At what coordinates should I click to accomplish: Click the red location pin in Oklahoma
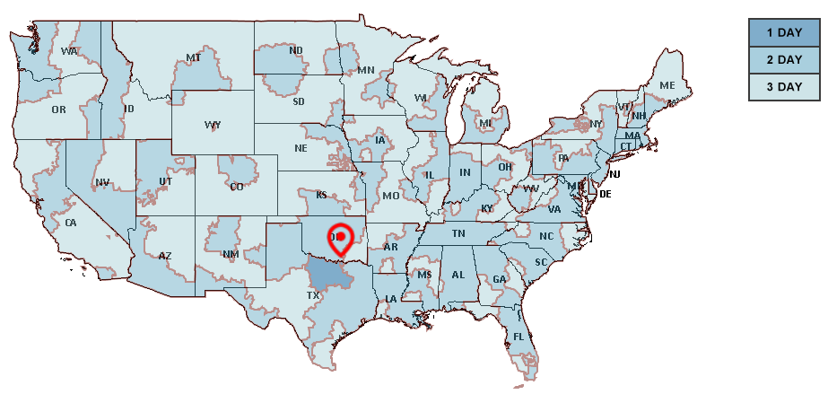coord(340,236)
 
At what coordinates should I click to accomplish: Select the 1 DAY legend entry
coord(783,33)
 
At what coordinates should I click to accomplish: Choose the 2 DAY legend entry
coord(783,60)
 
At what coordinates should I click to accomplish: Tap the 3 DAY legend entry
coord(783,87)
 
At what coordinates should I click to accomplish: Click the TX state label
coord(313,295)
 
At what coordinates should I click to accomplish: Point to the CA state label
coord(71,223)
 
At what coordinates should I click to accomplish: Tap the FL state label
coord(519,337)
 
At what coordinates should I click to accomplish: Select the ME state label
coord(667,85)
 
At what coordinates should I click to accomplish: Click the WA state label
coord(69,51)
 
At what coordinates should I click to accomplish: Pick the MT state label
coord(193,57)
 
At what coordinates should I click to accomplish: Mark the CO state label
coord(237,187)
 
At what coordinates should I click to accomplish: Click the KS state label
coord(321,195)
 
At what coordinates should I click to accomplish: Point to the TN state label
coord(458,233)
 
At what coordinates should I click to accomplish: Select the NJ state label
coord(616,174)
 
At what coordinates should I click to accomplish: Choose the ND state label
coord(296,51)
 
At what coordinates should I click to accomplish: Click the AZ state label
coord(165,256)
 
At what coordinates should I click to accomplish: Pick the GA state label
coord(500,279)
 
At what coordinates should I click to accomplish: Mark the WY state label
coord(213,125)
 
